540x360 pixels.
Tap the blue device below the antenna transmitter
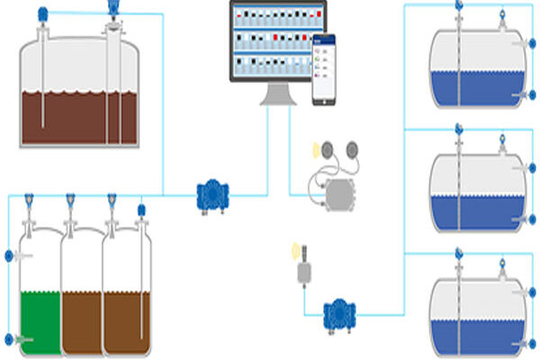340,312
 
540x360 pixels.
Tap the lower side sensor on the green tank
10,339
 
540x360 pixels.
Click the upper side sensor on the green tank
10,256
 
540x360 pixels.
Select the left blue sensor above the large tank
42,13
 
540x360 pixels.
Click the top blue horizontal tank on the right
477,67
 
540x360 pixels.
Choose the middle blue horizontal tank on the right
477,189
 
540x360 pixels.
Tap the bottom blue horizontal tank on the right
477,310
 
